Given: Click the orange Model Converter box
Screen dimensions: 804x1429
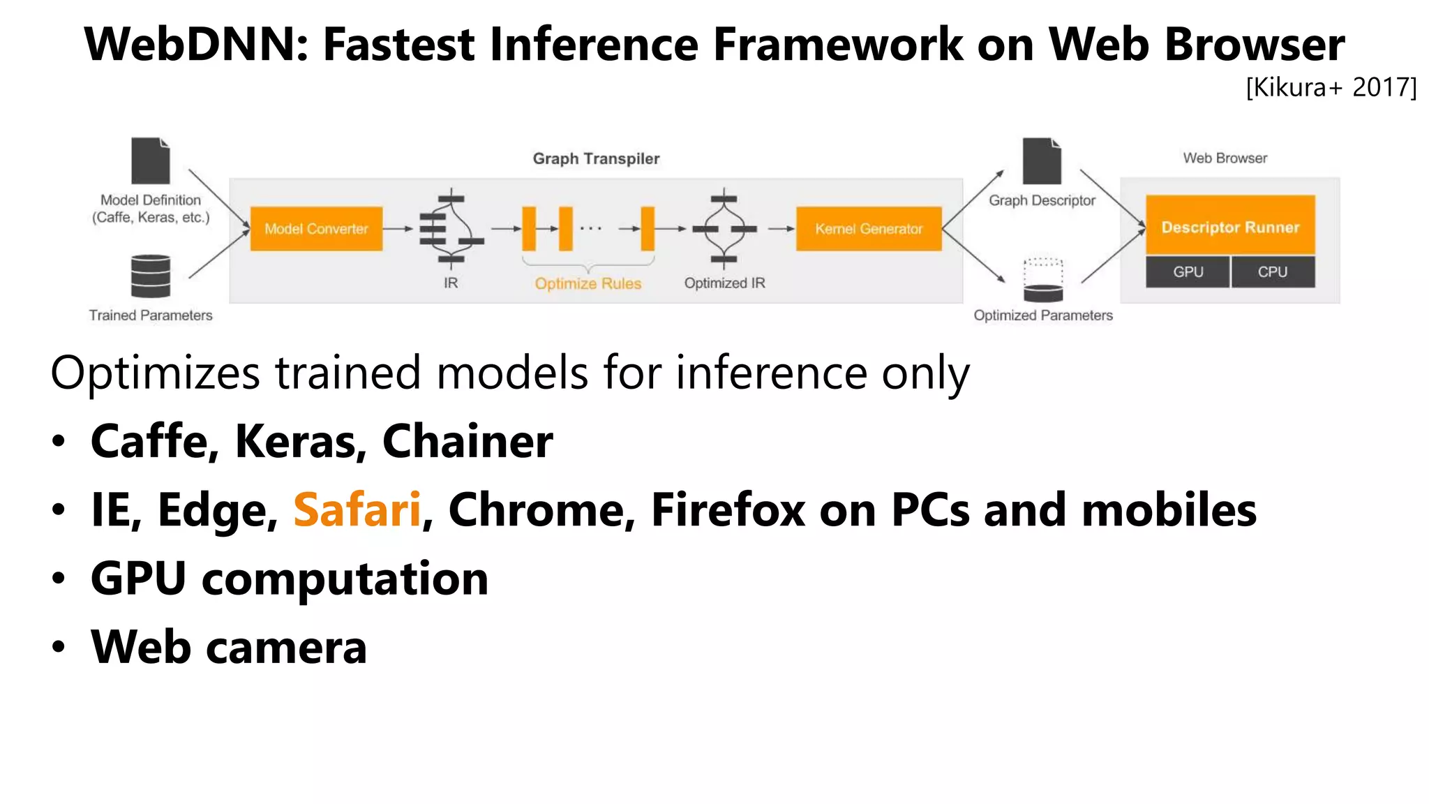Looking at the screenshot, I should click(316, 229).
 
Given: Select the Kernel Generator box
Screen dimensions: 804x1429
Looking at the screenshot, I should click(869, 229).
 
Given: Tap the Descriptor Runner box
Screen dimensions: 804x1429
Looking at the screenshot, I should click(1230, 226).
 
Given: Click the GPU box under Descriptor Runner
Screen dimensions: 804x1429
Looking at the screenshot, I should click(1188, 272).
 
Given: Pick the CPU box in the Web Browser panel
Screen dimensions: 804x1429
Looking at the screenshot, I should click(1273, 272).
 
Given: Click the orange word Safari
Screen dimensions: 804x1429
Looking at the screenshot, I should click(357, 509).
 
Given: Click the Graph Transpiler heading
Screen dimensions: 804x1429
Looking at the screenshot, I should click(596, 159).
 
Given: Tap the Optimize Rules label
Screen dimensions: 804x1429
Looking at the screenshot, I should click(588, 283).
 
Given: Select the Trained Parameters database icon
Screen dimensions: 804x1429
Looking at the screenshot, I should click(151, 276).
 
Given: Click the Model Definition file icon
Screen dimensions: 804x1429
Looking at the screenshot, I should click(151, 161).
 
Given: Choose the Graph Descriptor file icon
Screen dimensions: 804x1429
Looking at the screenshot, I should click(1042, 161).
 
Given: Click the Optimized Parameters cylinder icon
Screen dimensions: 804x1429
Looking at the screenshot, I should click(1043, 280).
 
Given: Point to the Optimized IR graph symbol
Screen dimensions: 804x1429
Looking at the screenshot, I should click(724, 229).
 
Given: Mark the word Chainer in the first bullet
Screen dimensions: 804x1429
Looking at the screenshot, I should click(467, 442).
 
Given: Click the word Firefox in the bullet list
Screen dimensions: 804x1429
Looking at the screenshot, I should click(728, 509).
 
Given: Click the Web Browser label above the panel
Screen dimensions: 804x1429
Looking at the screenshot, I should click(1225, 158).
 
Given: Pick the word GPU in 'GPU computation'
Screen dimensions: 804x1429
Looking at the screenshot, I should click(138, 579).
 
